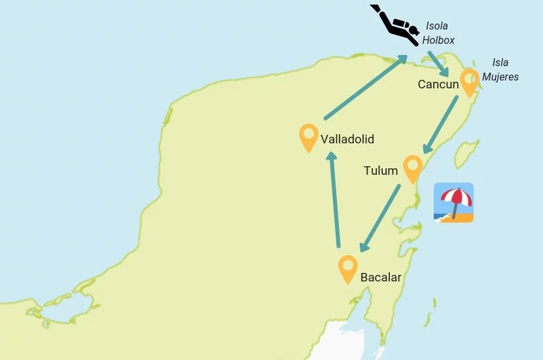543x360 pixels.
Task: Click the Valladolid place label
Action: click(347, 139)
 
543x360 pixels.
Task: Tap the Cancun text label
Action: click(438, 84)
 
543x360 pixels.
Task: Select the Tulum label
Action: click(381, 171)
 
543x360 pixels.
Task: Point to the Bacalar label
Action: click(381, 278)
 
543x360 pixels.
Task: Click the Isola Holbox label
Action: click(438, 33)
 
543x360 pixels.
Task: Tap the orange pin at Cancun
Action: click(468, 82)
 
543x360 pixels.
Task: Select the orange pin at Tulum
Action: click(412, 168)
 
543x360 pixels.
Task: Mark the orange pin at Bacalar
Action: click(347, 268)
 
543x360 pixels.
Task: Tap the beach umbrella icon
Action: click(453, 203)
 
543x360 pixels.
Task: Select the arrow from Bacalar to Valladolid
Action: click(334, 200)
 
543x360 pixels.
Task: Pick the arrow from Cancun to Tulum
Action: click(440, 126)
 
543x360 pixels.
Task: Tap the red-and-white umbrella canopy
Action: click(456, 195)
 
